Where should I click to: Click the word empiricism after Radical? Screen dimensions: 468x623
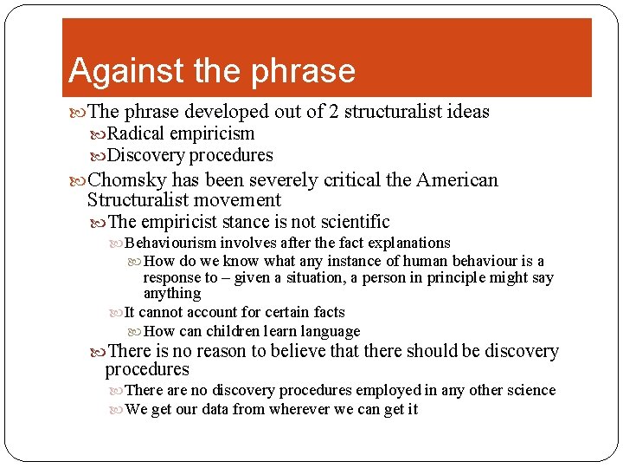pyautogui.click(x=212, y=133)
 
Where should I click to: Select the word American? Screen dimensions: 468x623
pyautogui.click(x=457, y=180)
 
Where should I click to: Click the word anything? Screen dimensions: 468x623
pyautogui.click(x=171, y=294)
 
